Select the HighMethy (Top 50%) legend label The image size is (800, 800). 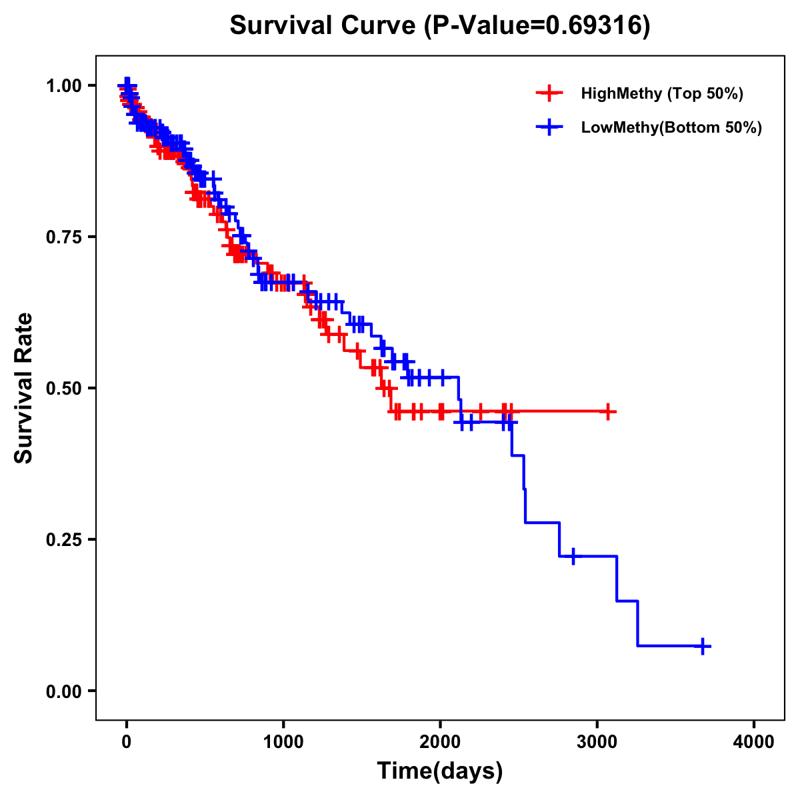click(x=662, y=93)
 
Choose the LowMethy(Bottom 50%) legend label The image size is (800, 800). click(x=671, y=127)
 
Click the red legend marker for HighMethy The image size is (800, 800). click(x=549, y=93)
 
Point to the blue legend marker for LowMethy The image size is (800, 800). click(x=549, y=127)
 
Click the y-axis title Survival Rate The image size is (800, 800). click(x=24, y=388)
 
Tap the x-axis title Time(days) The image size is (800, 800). click(x=440, y=771)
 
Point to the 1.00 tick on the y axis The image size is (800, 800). click(x=63, y=85)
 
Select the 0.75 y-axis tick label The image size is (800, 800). click(x=63, y=237)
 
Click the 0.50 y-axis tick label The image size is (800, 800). click(x=63, y=388)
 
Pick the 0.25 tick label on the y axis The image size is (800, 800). click(x=63, y=539)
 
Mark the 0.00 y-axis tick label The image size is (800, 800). click(x=63, y=691)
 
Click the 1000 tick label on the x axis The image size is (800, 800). click(x=283, y=741)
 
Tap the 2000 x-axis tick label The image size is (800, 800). click(x=440, y=741)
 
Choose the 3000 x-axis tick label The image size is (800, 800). click(x=597, y=741)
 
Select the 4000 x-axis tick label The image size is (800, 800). click(x=754, y=741)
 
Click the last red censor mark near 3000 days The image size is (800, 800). click(x=607, y=412)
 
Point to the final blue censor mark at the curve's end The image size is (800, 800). click(x=703, y=646)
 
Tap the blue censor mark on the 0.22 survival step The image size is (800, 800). click(x=573, y=555)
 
